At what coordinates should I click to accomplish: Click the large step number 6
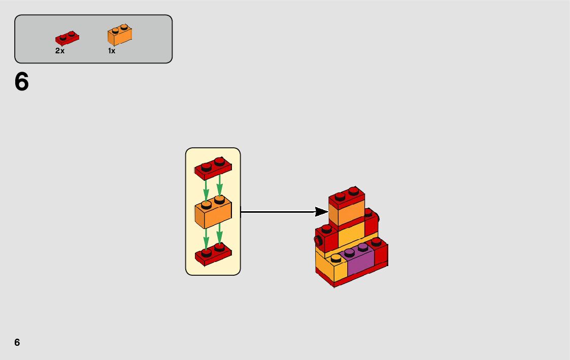pos(22,82)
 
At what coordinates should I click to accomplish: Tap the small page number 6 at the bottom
pos(17,342)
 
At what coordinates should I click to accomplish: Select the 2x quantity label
pos(60,51)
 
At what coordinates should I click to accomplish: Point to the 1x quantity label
pos(112,51)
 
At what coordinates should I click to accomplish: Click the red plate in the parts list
pos(67,39)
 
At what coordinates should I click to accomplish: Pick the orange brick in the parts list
pos(120,35)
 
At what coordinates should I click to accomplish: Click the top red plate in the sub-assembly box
pos(213,168)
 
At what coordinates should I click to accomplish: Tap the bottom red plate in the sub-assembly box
pos(213,254)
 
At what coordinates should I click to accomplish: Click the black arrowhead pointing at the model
pos(321,211)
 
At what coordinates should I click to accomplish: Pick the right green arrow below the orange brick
pos(219,235)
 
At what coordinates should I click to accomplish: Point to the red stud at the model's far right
pos(376,241)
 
